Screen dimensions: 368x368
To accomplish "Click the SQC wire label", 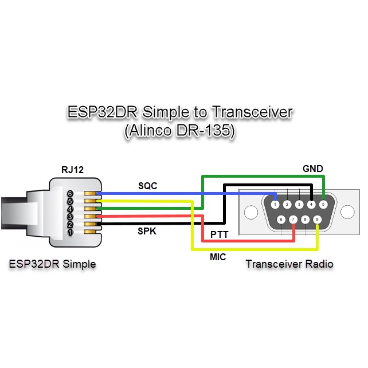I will click(147, 186).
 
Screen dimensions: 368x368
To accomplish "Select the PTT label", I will click(220, 234).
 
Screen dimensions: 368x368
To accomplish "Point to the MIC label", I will click(217, 257).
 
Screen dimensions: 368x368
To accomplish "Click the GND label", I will click(312, 169).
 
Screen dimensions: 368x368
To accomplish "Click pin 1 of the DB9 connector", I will click(276, 205).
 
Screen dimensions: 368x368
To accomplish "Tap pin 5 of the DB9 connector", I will click(323, 204).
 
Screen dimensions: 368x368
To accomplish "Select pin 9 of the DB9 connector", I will click(317, 219).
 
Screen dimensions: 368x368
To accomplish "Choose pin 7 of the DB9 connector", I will click(293, 219).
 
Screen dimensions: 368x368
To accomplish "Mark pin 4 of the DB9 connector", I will click(311, 204).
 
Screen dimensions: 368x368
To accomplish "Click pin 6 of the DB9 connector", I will click(281, 219).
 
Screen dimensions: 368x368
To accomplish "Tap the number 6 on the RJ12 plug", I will click(70, 194).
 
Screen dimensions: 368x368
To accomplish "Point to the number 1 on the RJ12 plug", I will click(70, 232).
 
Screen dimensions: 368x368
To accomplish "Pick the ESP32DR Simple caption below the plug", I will click(52, 264).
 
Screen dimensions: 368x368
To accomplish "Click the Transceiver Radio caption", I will click(289, 264).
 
